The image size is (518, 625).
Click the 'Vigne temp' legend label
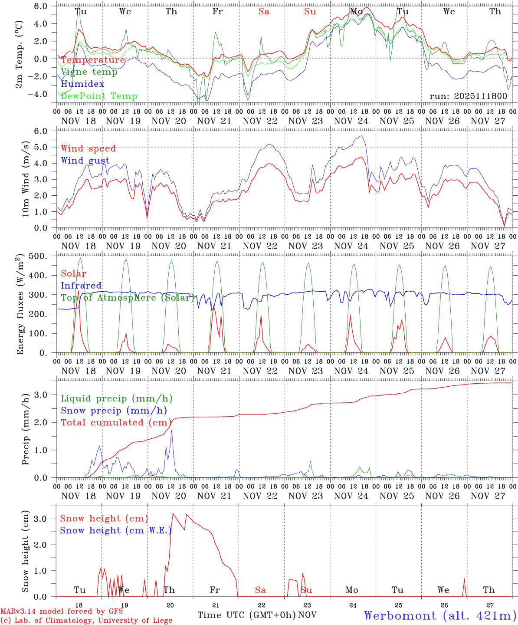point(89,72)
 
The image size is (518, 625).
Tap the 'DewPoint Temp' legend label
point(99,96)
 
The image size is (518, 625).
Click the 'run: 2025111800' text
point(468,96)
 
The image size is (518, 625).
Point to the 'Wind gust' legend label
point(85,161)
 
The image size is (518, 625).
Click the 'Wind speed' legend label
point(89,148)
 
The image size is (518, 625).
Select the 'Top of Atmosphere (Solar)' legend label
point(128,298)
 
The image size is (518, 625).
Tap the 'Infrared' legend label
point(81,286)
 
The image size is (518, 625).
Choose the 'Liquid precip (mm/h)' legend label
point(116,398)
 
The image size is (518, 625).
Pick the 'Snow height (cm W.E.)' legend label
point(115,530)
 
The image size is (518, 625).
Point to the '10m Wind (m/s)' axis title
point(26,179)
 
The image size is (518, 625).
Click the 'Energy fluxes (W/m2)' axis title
point(20,305)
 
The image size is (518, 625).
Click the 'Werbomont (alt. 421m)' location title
point(440,615)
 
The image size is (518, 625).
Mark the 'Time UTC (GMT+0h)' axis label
point(246,615)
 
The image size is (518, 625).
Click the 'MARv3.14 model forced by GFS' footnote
point(62,612)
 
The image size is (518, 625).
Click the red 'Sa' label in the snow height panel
point(260,590)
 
